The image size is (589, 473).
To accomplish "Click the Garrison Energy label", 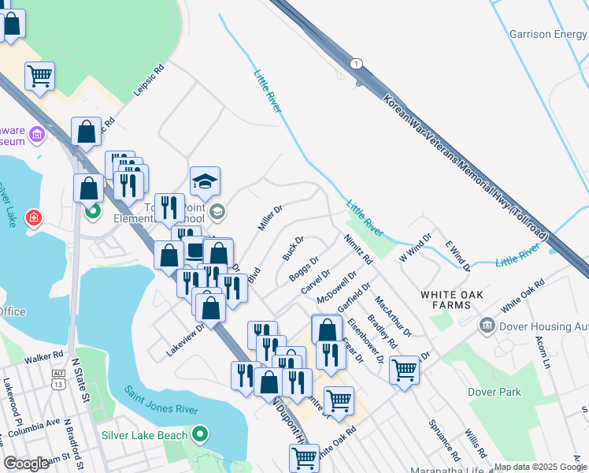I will [548, 35].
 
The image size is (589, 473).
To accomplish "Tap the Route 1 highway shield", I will [357, 64].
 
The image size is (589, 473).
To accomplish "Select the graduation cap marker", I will [205, 182].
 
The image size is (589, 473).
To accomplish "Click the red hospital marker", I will [33, 218].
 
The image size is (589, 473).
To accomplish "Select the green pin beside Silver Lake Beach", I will [200, 434].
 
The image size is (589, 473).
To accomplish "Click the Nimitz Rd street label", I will [357, 248].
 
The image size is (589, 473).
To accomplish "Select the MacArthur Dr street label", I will [393, 316].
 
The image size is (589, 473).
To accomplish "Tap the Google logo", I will [27, 464].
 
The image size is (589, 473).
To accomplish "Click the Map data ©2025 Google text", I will [540, 467].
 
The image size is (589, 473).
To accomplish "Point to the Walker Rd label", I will [43, 358].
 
